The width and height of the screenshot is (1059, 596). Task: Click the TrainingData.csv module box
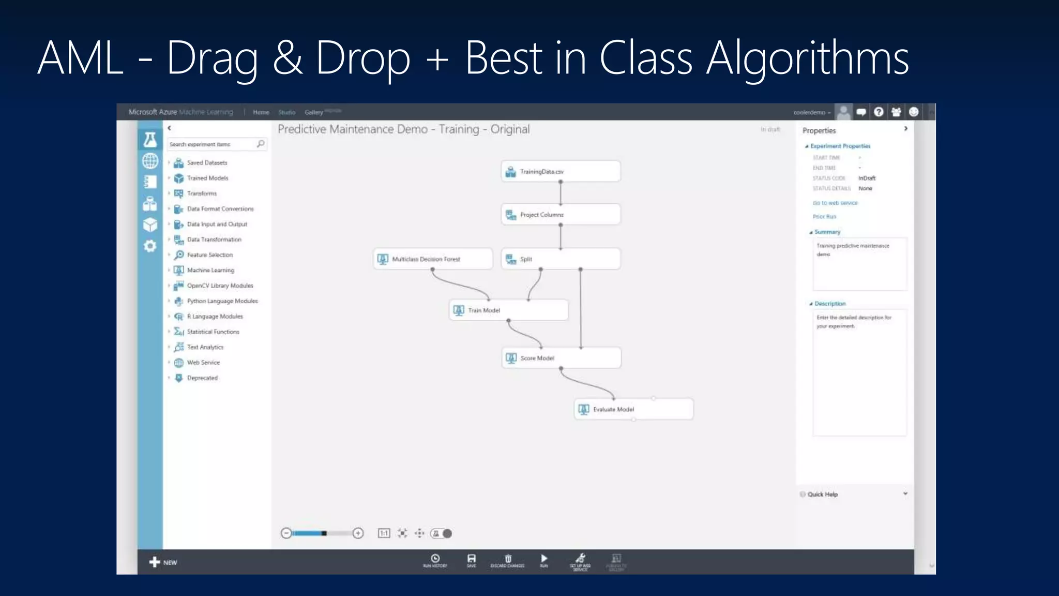pos(561,171)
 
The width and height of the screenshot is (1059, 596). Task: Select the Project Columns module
pos(561,214)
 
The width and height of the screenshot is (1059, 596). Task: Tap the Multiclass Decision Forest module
pos(433,259)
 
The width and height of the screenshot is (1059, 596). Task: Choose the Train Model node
pos(509,310)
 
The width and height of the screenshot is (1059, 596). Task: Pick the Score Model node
pos(561,358)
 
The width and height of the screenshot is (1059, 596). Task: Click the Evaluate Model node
pos(633,409)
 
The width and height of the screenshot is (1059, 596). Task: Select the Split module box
pos(561,259)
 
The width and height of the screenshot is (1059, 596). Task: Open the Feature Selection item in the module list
pos(209,255)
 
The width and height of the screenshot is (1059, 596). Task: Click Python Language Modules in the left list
pos(222,301)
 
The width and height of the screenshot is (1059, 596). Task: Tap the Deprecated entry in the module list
pos(202,378)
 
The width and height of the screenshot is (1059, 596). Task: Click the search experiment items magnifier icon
pos(261,144)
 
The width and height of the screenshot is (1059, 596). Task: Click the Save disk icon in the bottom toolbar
pos(472,559)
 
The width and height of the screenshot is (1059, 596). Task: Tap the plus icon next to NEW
pos(154,562)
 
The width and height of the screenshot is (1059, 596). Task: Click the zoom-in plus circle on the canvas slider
pos(358,533)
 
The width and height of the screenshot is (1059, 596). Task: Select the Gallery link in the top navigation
pos(313,112)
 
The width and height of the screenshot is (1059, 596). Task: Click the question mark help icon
pos(879,112)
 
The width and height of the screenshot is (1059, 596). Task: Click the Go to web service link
pos(835,203)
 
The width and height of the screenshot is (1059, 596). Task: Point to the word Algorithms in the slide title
pos(807,58)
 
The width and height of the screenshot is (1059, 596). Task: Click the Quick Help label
pos(822,495)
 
